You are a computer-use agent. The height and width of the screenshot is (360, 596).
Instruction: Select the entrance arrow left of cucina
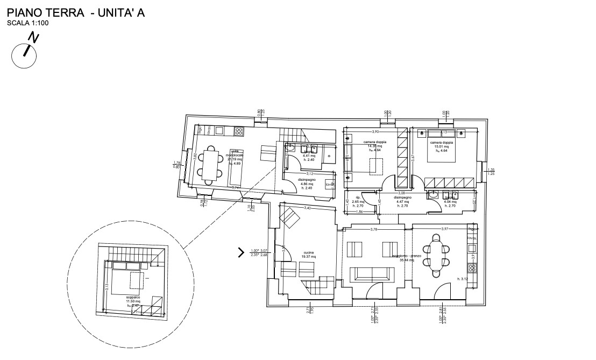tap(241, 252)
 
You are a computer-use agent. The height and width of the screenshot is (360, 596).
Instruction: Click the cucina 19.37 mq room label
tap(308, 255)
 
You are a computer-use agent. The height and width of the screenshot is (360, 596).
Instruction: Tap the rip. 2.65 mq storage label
tap(358, 202)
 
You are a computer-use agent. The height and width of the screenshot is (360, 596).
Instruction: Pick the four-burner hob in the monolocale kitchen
tap(239, 131)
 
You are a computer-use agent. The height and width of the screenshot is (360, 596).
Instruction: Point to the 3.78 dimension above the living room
tap(374, 230)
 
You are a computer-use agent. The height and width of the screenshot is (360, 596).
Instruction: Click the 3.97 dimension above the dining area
tap(445, 230)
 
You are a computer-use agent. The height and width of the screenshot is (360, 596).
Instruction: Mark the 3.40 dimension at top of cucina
tap(307, 208)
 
